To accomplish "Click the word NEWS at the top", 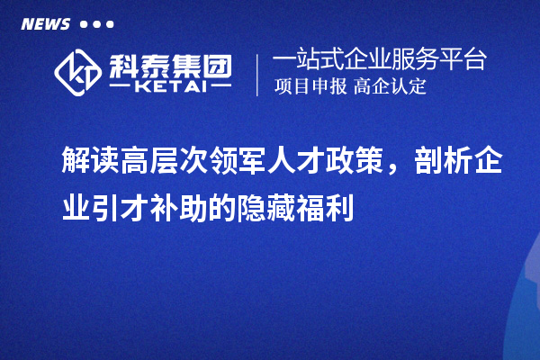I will pos(45,23).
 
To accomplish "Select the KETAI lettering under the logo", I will pos(170,86).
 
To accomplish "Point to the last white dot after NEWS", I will pos(110,24).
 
